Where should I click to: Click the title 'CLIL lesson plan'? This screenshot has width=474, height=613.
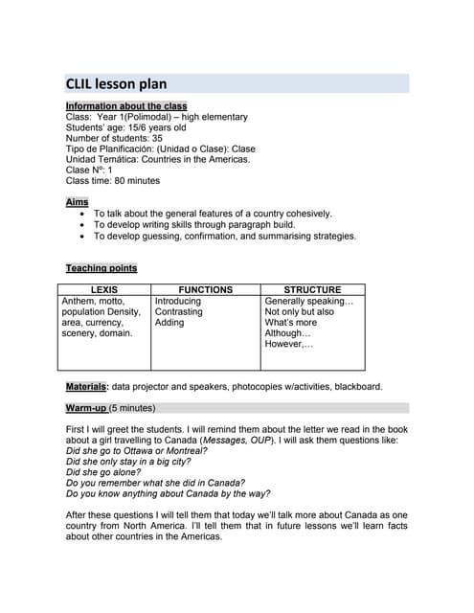(x=116, y=84)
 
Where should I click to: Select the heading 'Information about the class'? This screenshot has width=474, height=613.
(x=126, y=105)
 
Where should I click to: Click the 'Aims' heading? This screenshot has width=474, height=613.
(x=77, y=202)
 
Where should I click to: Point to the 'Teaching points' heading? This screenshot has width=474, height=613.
(x=101, y=268)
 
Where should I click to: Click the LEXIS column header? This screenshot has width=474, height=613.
(x=104, y=289)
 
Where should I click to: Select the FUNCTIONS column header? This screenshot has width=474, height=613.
(x=205, y=289)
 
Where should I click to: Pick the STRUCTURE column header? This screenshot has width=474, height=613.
(x=312, y=289)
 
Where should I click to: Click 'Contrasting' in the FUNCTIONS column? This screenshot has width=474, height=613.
(x=179, y=311)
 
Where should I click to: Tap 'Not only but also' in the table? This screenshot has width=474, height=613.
(x=299, y=311)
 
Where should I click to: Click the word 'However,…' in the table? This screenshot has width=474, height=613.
(x=289, y=344)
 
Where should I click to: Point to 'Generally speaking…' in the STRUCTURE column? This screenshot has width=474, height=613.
(x=308, y=301)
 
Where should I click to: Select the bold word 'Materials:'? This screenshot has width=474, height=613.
(x=86, y=387)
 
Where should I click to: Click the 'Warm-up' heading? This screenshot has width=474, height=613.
(x=87, y=408)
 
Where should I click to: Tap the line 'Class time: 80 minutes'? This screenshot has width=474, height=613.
(x=113, y=181)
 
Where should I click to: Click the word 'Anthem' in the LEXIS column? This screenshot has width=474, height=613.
(x=79, y=301)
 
